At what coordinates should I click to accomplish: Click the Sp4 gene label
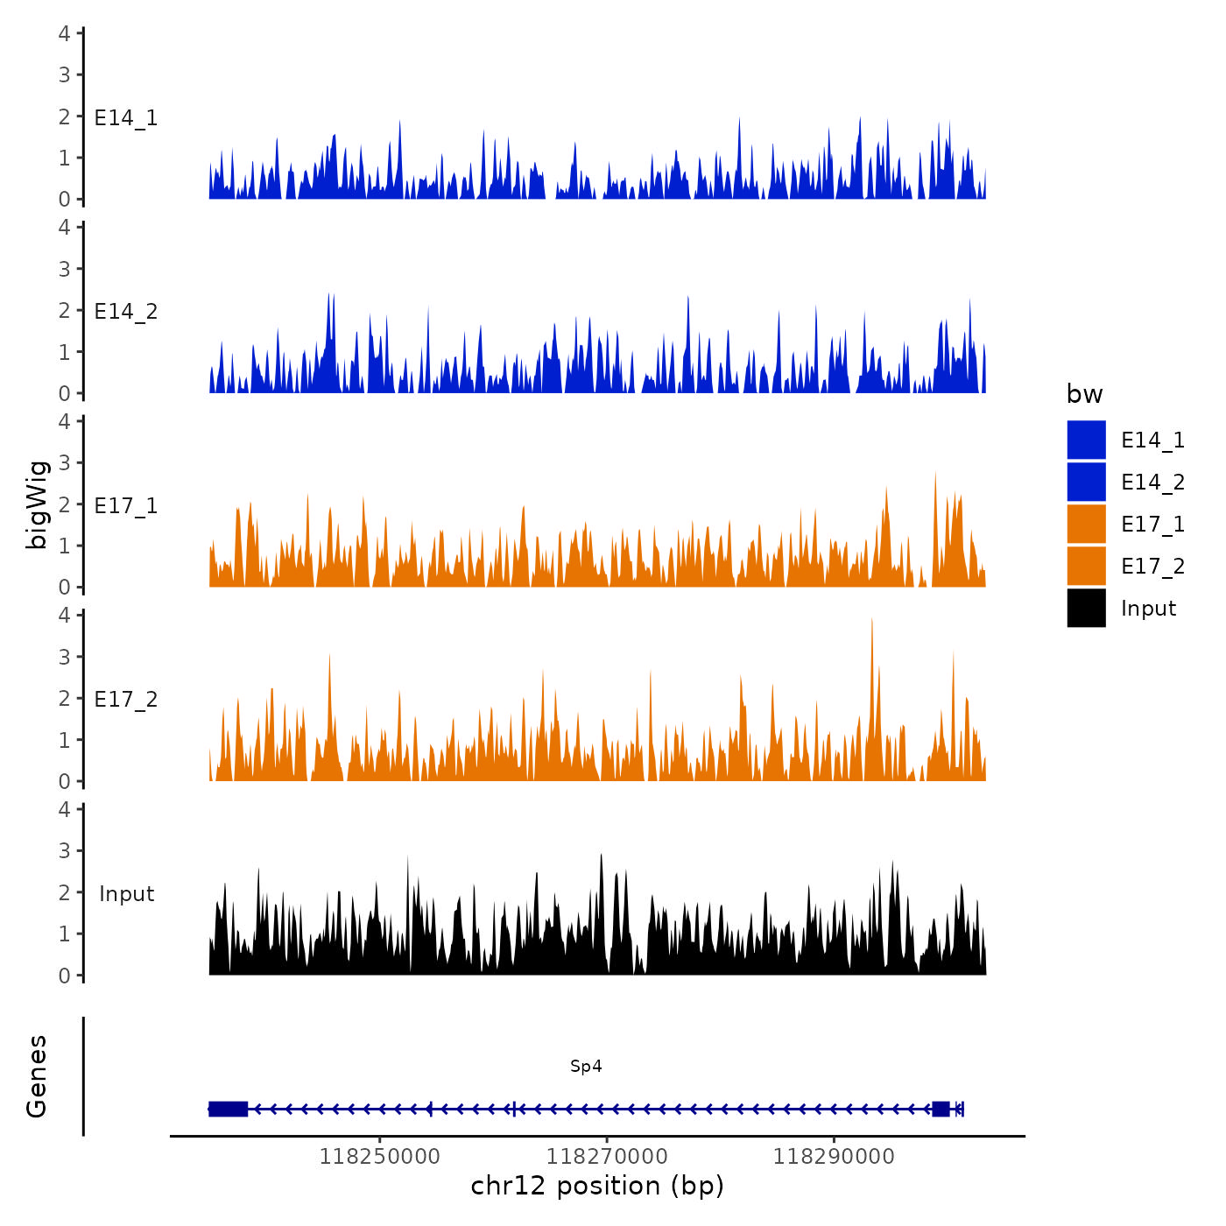point(586,1066)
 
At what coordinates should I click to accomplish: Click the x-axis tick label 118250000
point(379,1156)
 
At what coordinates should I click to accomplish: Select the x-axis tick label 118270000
point(606,1156)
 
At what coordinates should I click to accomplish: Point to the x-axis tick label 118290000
point(834,1156)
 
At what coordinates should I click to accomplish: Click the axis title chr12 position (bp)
point(597,1186)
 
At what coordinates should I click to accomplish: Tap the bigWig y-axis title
point(37,504)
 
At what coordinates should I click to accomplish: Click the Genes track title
point(37,1076)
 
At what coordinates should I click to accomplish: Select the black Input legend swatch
point(1086,608)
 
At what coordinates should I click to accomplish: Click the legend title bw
point(1084,394)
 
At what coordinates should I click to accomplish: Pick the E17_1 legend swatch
point(1086,524)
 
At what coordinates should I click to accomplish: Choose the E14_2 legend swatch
point(1086,482)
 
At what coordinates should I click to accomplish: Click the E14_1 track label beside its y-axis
point(126,118)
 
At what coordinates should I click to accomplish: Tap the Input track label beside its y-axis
point(126,894)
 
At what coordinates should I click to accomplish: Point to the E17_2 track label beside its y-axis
point(126,700)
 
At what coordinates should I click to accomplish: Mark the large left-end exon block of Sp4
point(229,1109)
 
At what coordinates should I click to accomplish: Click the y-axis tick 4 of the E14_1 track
point(65,33)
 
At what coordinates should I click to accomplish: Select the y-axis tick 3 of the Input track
point(65,850)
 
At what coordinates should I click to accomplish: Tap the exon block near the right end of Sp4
point(941,1109)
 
